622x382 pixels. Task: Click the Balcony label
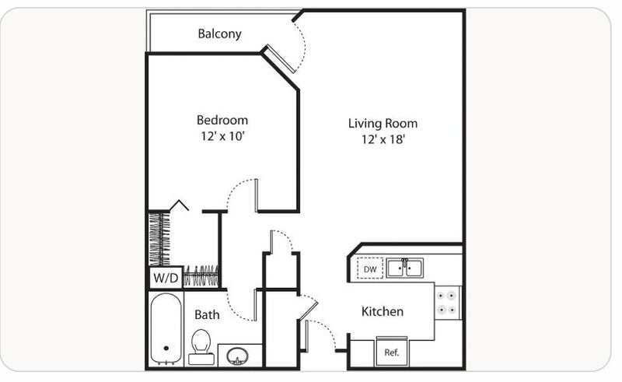[219, 33]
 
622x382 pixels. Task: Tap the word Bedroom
[222, 120]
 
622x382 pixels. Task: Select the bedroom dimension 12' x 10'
[222, 136]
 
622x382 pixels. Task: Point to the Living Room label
[383, 124]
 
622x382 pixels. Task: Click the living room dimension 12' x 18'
[383, 139]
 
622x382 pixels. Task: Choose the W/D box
[166, 277]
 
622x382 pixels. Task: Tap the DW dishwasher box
[370, 269]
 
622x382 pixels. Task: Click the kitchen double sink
[405, 268]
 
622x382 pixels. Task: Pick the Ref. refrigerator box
[392, 352]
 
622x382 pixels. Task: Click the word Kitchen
[383, 311]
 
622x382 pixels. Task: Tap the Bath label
[207, 315]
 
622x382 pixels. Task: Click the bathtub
[166, 329]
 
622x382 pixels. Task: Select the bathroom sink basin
[237, 356]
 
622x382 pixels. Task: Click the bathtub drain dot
[166, 349]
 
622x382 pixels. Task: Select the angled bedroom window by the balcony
[278, 59]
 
